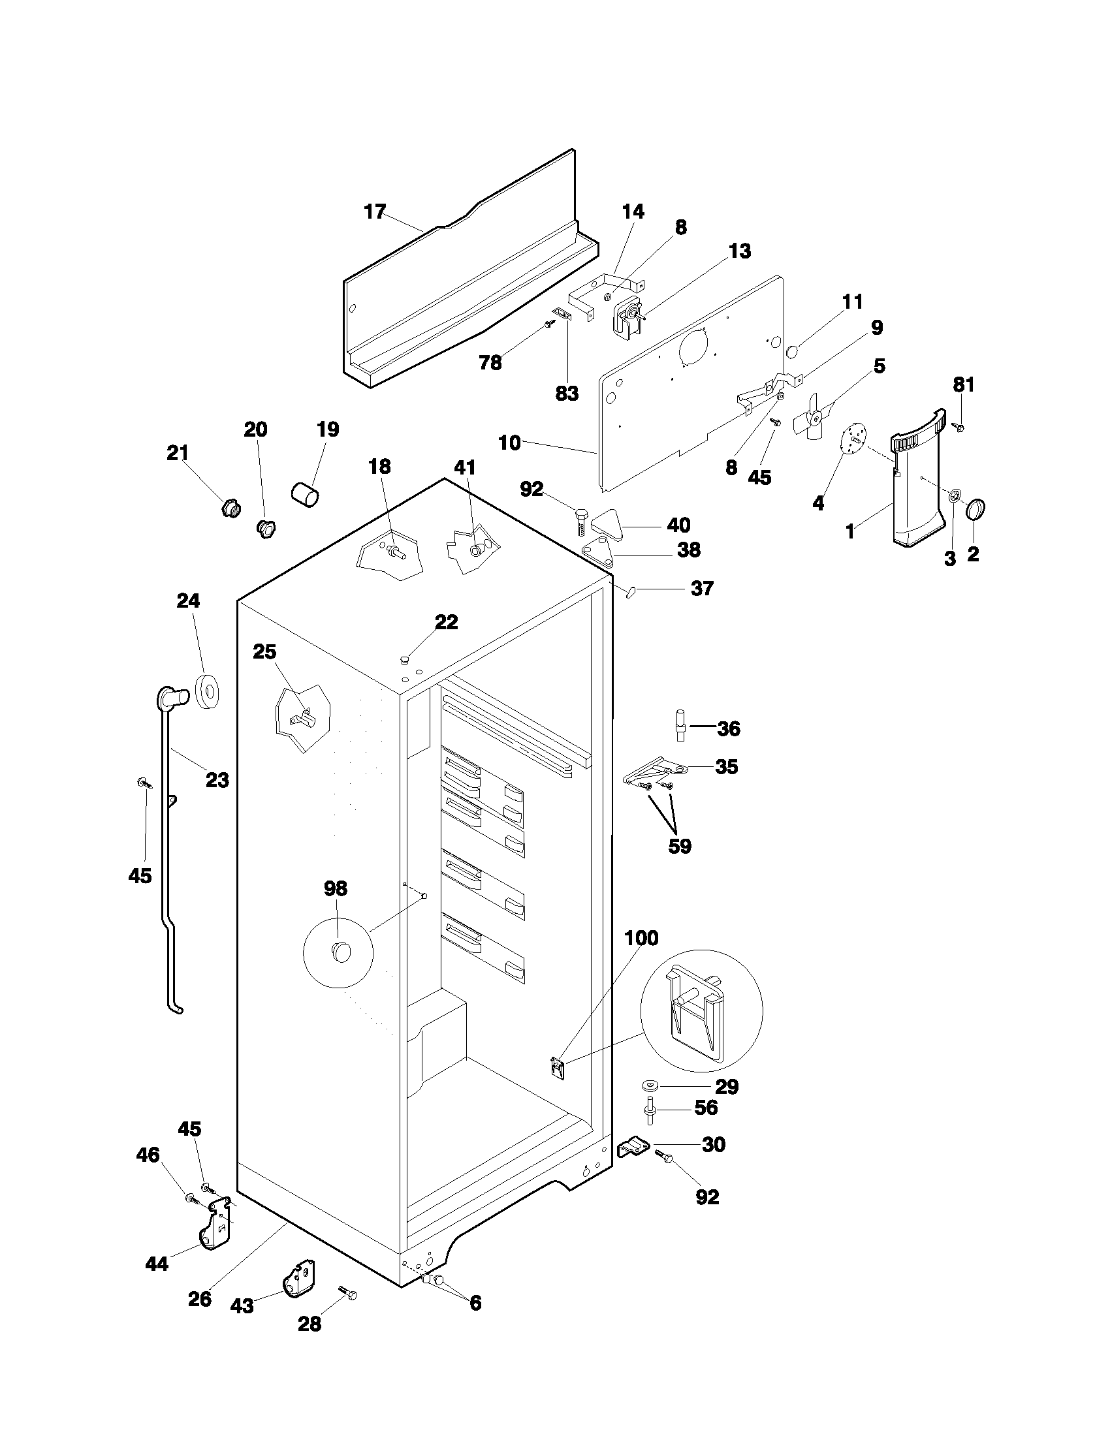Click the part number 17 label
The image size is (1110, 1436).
pos(375,212)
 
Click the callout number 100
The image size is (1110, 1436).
pos(641,938)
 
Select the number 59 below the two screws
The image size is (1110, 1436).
pos(680,846)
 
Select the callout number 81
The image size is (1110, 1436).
pos(963,384)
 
